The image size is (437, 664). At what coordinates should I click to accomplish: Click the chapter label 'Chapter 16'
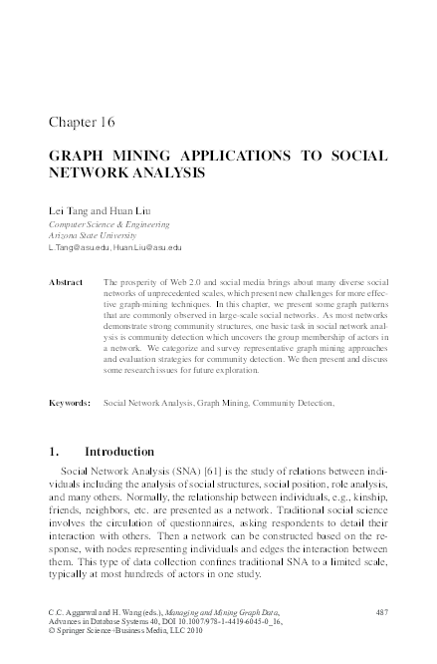click(x=83, y=123)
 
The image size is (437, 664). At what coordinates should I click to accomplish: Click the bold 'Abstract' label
click(x=68, y=283)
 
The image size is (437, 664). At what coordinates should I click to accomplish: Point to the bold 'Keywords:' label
click(x=70, y=403)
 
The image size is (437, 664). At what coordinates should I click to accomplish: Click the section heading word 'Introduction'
click(x=119, y=452)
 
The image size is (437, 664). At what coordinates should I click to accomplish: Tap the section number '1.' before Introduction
click(x=55, y=452)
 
